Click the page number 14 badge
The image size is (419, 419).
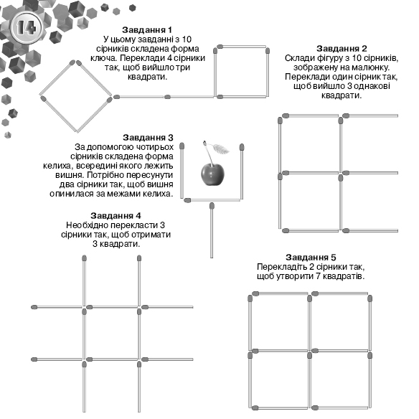click(x=27, y=27)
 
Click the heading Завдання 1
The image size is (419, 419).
click(x=147, y=29)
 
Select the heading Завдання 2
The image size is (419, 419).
click(x=342, y=49)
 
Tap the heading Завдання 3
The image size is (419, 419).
click(x=148, y=138)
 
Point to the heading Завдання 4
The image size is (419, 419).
click(x=116, y=216)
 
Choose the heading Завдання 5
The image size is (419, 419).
click(x=311, y=258)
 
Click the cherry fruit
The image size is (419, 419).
click(x=212, y=174)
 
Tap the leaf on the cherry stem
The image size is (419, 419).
click(x=220, y=149)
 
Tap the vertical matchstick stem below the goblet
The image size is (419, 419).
click(x=212, y=230)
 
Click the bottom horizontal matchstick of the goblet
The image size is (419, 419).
click(x=212, y=200)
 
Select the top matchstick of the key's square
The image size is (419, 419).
click(x=243, y=47)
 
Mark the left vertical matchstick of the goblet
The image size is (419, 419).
click(x=182, y=171)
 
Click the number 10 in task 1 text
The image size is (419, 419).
click(x=187, y=39)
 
